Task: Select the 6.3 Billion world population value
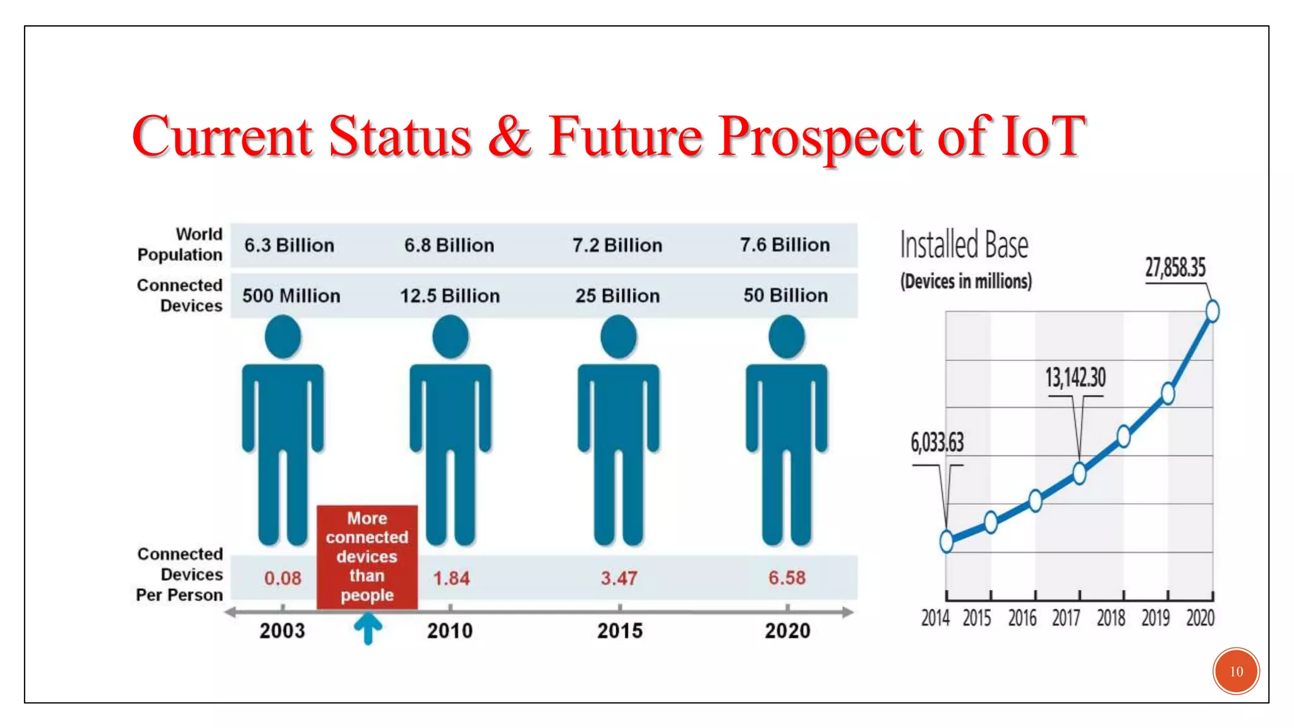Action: (289, 245)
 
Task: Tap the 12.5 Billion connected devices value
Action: (449, 296)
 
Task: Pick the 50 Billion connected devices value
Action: (785, 295)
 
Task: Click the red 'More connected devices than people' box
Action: (367, 556)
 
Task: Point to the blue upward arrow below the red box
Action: (368, 628)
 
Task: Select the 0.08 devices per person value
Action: (282, 578)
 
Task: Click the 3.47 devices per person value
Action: (619, 578)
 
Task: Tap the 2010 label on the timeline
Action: (449, 631)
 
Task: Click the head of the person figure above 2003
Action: (282, 337)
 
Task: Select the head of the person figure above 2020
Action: (786, 337)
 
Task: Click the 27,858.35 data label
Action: (1175, 268)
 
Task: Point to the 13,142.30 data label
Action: (1075, 378)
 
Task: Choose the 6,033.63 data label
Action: (937, 442)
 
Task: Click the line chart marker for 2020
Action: (1212, 311)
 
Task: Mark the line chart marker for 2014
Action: (946, 541)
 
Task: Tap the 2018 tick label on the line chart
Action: (1110, 617)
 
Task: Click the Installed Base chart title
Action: (964, 245)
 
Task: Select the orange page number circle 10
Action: (1236, 671)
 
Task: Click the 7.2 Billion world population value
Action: (617, 245)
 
